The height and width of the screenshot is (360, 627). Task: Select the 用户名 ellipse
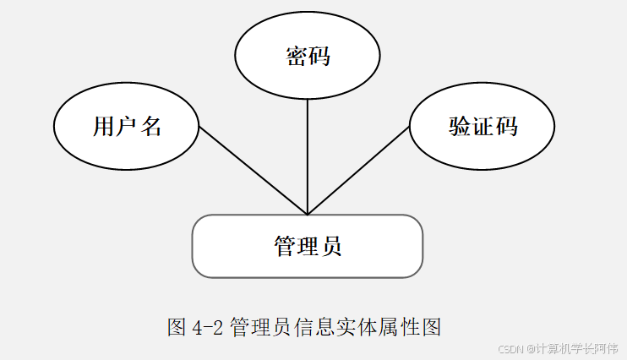pyautogui.click(x=127, y=127)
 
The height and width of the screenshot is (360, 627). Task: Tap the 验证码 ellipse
pyautogui.click(x=483, y=127)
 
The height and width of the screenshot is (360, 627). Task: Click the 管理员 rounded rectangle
pyautogui.click(x=308, y=246)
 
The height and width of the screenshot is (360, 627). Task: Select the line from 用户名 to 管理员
pyautogui.click(x=254, y=171)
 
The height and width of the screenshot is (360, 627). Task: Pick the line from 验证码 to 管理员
pyautogui.click(x=358, y=172)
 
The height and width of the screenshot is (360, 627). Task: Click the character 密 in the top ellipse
pyautogui.click(x=296, y=57)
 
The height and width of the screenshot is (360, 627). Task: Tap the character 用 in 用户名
pyautogui.click(x=103, y=127)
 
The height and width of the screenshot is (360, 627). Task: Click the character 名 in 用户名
pyautogui.click(x=150, y=127)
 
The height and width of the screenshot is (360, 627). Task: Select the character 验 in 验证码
pyautogui.click(x=460, y=127)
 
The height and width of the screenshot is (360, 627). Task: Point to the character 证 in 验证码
pyautogui.click(x=483, y=127)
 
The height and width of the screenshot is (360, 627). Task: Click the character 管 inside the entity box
pyautogui.click(x=285, y=247)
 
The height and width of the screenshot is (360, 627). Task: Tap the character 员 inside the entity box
pyautogui.click(x=331, y=247)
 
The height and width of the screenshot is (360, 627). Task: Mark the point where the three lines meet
pyautogui.click(x=308, y=214)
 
